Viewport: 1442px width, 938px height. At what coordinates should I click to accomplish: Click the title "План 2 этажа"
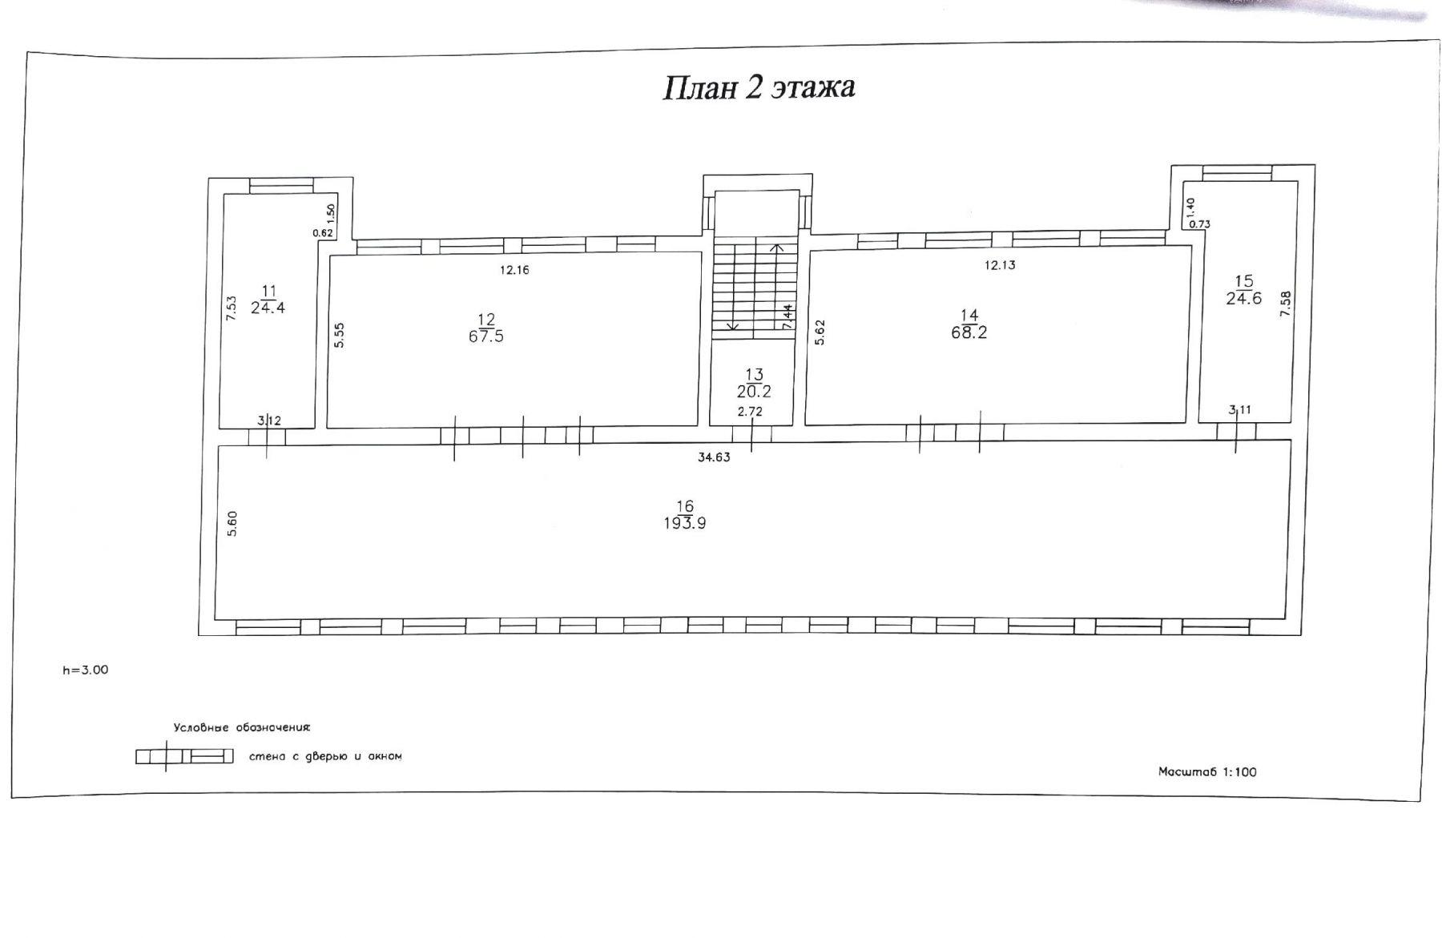point(759,87)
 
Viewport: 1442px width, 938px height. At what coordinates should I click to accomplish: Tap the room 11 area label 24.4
point(268,307)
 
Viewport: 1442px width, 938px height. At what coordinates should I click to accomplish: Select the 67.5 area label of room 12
point(486,336)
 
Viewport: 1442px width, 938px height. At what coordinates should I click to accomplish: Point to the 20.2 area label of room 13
point(754,392)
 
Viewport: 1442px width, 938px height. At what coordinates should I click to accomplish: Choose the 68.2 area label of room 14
point(969,332)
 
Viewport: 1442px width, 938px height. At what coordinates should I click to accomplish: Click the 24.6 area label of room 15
point(1244,298)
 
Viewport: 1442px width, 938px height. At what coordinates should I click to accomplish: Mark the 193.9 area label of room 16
point(685,523)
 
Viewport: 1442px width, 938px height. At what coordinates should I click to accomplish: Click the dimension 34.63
point(714,458)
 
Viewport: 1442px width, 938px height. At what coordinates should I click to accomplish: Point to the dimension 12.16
point(514,270)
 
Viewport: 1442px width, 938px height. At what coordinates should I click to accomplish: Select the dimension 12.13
point(1000,265)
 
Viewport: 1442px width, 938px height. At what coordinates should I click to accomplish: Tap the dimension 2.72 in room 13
point(750,412)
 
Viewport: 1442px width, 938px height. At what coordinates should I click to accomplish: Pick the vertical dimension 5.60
point(232,524)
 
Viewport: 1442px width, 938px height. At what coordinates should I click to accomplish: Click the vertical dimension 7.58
point(1286,304)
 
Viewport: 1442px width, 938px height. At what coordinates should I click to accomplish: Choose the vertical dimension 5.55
point(340,335)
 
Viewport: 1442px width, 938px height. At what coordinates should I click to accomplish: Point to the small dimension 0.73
point(1199,224)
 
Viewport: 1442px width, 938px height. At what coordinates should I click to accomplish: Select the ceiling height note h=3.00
point(86,670)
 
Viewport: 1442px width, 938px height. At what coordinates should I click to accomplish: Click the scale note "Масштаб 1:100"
point(1207,772)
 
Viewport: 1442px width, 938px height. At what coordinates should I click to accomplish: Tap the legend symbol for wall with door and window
point(184,756)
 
